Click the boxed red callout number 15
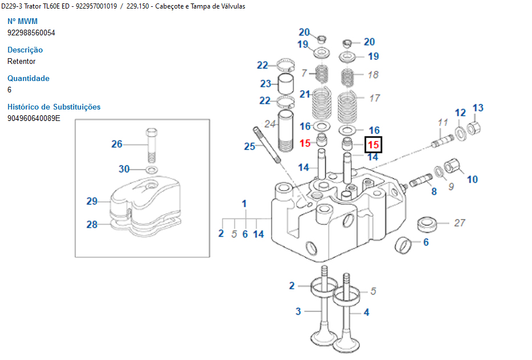tap(373, 145)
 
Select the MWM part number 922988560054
tap(31, 33)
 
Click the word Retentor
tap(22, 61)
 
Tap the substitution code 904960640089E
tap(34, 118)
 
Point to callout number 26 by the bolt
tap(117, 144)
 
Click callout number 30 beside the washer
tap(124, 169)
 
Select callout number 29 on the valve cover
tap(92, 201)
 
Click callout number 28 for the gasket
tap(92, 224)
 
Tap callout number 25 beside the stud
tap(250, 147)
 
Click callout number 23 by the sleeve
tap(266, 84)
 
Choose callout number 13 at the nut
tap(478, 108)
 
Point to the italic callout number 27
tap(460, 223)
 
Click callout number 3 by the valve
tap(298, 311)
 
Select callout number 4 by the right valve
tap(367, 312)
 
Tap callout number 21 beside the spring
tap(305, 94)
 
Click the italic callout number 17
tap(374, 98)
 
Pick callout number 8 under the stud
tap(434, 192)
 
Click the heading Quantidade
tap(29, 78)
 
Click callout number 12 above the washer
tap(460, 112)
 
